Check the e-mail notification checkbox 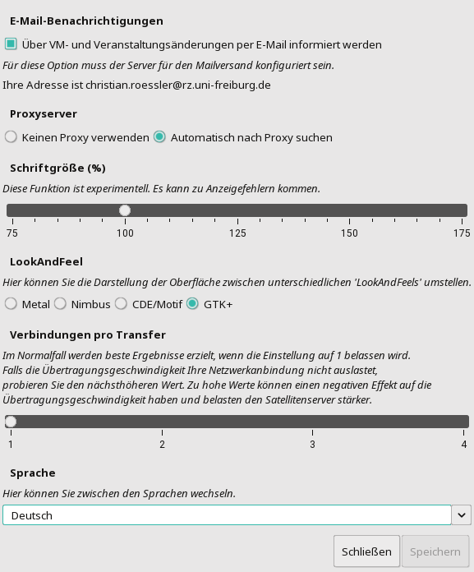point(11,44)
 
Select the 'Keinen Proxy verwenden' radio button point(11,137)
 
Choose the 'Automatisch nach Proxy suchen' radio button point(159,137)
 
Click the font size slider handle point(125,210)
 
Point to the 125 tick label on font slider point(237,233)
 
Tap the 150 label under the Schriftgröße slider point(350,233)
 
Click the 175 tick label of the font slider point(461,233)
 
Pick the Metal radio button point(11,304)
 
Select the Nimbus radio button point(60,304)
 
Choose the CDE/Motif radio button point(121,304)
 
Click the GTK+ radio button point(192,304)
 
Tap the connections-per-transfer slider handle point(11,422)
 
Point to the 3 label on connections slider point(312,445)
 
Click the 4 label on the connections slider point(464,445)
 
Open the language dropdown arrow point(462,515)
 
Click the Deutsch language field point(227,515)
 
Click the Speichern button point(435,551)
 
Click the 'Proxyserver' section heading point(44,113)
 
